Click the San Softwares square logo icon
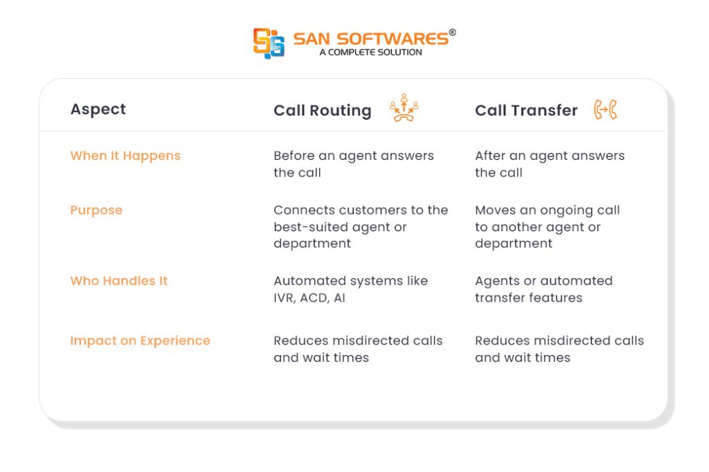269,44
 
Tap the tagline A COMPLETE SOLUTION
371,53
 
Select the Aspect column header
98,109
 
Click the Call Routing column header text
323,110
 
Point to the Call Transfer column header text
526,110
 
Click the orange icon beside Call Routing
404,107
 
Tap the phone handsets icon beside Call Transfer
605,109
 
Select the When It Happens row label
125,156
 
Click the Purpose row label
96,210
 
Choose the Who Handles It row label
119,281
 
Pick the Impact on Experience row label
140,341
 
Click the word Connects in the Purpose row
305,210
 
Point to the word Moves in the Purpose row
495,210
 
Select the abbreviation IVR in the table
285,298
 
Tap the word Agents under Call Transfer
497,282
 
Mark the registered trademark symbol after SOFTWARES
452,32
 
